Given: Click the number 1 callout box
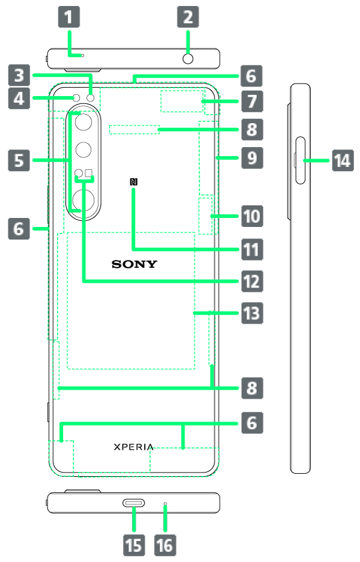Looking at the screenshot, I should [x=69, y=17].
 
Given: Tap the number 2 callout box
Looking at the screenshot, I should [x=188, y=17].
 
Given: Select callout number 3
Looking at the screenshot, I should [x=20, y=76].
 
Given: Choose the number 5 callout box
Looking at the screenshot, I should [x=20, y=160].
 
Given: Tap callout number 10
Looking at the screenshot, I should [x=251, y=216].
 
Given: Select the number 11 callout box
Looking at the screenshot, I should [x=251, y=249].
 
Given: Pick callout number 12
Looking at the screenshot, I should [x=251, y=280].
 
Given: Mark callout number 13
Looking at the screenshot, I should [x=251, y=313].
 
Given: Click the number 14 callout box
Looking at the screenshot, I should [x=342, y=161].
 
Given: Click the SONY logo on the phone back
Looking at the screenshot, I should [x=134, y=264].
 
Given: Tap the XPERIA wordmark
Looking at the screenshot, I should [x=134, y=447].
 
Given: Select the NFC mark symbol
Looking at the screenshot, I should [x=133, y=183].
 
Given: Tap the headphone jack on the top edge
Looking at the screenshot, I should [x=188, y=58].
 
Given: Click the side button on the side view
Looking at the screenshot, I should [x=299, y=161].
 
